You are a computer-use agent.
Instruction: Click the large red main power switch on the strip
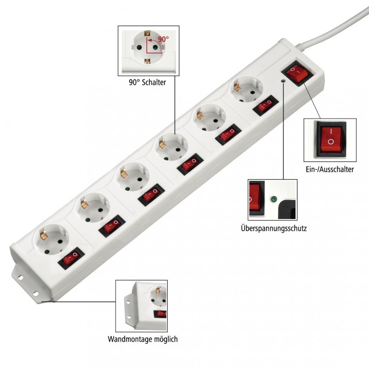coord(297,74)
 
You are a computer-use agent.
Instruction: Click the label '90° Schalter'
coord(148,82)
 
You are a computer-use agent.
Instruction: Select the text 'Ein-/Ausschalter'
coord(329,169)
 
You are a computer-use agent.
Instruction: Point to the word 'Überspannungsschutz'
coord(274,228)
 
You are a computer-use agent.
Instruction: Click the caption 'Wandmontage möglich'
coord(143,339)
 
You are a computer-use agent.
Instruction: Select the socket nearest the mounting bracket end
coord(52,241)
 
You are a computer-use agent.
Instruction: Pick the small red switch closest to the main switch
coord(265,105)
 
